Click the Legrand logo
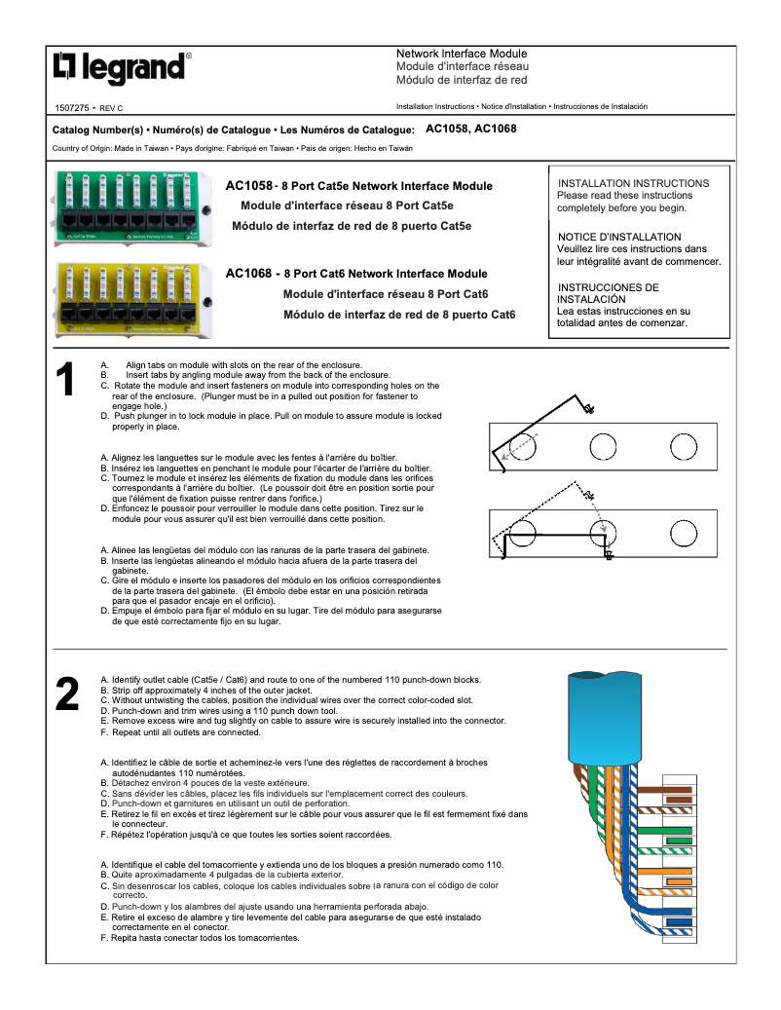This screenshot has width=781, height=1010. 121,68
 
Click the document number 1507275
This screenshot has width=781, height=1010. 73,106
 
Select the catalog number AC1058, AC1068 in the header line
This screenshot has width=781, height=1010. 471,129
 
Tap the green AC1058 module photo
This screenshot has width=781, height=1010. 133,206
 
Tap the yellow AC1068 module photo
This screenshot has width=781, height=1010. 133,296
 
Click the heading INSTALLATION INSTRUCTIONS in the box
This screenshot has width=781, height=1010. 633,183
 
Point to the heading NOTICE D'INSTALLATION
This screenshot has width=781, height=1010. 619,237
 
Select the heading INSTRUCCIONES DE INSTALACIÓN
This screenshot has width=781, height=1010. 608,293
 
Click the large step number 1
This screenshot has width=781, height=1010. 65,381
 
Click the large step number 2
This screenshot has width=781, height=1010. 66,694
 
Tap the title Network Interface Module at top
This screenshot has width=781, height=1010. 462,54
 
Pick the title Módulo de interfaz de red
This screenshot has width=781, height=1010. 462,80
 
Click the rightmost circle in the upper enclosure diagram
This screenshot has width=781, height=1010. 684,446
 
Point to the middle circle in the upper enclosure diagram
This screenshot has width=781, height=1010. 603,446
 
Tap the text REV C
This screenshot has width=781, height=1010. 111,107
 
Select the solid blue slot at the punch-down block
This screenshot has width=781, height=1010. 679,921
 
